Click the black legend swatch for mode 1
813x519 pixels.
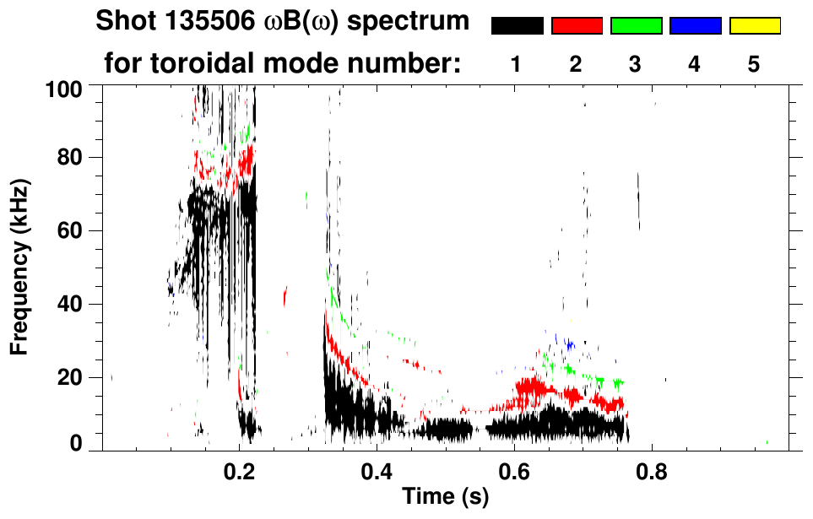pyautogui.click(x=517, y=26)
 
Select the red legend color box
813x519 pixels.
pyautogui.click(x=577, y=26)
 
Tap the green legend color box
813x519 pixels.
pyautogui.click(x=636, y=26)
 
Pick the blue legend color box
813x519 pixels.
pyautogui.click(x=695, y=26)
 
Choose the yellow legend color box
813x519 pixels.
pyautogui.click(x=755, y=26)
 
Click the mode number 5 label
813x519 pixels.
pyautogui.click(x=755, y=64)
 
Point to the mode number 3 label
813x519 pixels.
pyautogui.click(x=636, y=64)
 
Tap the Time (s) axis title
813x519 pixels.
pyautogui.click(x=444, y=496)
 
